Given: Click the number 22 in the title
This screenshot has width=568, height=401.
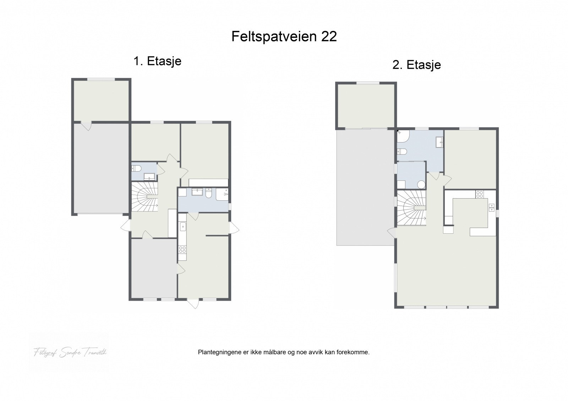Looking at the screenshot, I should pos(329,36).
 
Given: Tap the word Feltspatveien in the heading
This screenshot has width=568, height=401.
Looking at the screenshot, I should pos(275,36).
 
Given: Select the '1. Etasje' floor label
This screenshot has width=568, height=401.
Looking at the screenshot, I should pos(157,61).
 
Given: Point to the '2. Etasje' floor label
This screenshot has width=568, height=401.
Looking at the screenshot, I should pos(417,65).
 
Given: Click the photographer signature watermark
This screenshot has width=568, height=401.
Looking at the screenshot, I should pos(70,352).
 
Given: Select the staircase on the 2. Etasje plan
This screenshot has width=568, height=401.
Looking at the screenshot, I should pos(411,208).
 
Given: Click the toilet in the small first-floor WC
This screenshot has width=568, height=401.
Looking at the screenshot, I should pos(137,168).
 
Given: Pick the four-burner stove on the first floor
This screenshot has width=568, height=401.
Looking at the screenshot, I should pos(182,249).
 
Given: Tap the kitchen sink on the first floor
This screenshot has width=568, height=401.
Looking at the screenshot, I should pos(183,226).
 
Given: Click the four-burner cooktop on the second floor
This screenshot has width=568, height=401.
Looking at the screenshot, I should pos(479,194).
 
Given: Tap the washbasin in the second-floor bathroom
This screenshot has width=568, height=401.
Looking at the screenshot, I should pos(439,142).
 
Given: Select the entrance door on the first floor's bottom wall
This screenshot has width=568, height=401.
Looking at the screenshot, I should pos(193,303).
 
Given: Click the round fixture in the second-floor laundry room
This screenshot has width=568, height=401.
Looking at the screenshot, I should pos(421,184).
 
